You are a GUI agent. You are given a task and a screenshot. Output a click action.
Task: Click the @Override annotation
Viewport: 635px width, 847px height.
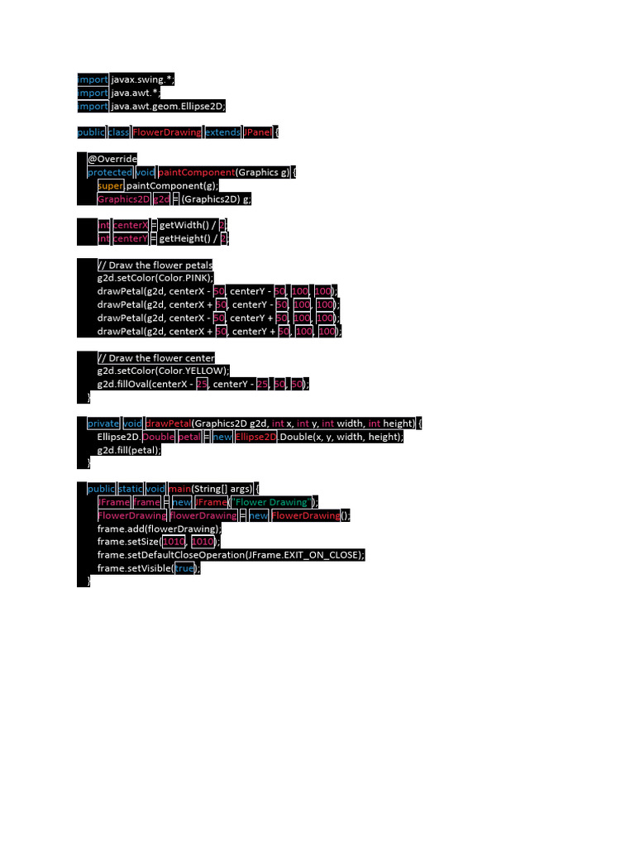click(x=112, y=159)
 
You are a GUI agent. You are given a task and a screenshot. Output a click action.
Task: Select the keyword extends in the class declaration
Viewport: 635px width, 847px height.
click(x=222, y=132)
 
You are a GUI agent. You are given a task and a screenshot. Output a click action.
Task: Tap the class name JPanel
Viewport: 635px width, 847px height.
click(x=258, y=132)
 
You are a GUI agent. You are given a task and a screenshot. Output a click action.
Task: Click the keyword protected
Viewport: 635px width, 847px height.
click(x=110, y=172)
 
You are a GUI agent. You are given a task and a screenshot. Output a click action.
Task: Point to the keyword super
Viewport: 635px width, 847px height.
click(x=110, y=185)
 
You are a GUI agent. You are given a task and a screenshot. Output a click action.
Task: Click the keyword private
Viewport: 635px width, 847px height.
click(x=103, y=423)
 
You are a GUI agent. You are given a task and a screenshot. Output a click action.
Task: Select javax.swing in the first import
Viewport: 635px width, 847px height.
click(x=141, y=79)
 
